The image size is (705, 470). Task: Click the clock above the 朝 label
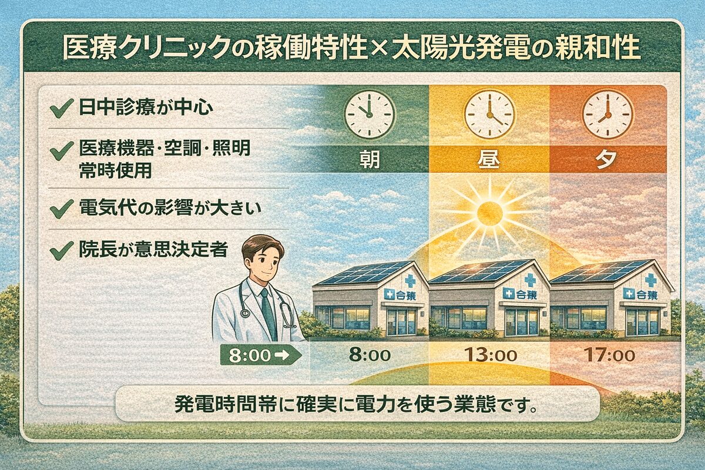pos(368,114)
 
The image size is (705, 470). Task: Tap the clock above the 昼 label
pos(489,114)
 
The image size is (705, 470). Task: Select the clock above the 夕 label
pos(607,114)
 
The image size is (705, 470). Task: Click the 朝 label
pos(368,160)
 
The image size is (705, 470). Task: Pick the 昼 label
pos(489,160)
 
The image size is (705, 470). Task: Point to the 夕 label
pos(607,160)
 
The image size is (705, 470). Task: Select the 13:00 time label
pos(489,355)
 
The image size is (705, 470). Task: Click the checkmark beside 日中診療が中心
pos(58,109)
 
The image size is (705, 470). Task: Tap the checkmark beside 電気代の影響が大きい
pos(58,209)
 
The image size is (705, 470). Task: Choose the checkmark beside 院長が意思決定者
pos(58,251)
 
